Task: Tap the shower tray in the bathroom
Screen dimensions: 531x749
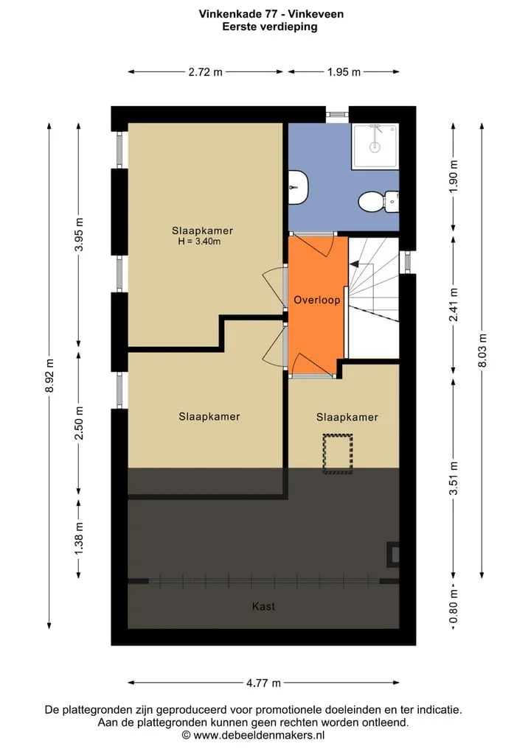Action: tap(375, 146)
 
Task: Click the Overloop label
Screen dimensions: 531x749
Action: tap(316, 300)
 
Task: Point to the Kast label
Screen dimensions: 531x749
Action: tap(263, 606)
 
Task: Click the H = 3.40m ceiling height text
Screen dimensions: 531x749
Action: tap(199, 242)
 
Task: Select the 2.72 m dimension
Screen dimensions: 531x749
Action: tap(205, 72)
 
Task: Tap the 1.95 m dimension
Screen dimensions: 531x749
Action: tap(344, 72)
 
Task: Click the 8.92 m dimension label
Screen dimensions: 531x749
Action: tap(49, 376)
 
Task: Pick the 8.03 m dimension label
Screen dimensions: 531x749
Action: tap(482, 350)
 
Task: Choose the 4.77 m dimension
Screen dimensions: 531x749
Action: tap(263, 683)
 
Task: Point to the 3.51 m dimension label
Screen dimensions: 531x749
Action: tap(454, 478)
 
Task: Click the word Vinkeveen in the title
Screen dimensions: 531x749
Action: tap(316, 14)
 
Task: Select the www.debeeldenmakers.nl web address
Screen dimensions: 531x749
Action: tap(260, 735)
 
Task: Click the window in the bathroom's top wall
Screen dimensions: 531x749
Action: tap(337, 114)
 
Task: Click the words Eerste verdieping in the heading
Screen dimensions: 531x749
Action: tap(270, 27)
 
